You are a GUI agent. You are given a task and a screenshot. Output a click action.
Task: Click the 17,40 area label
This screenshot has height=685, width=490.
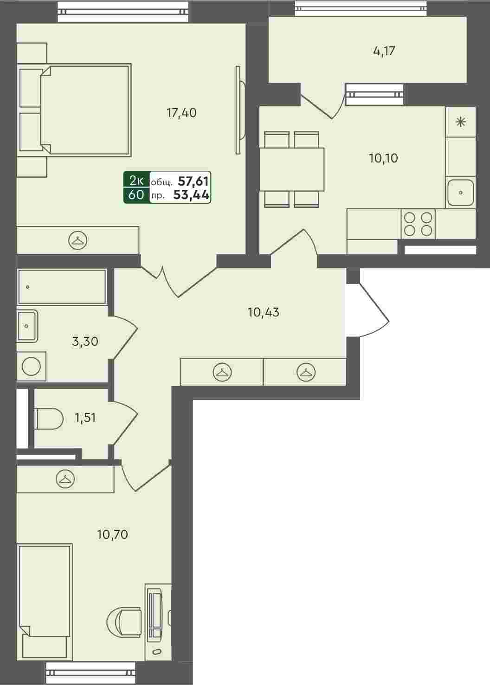(x=181, y=113)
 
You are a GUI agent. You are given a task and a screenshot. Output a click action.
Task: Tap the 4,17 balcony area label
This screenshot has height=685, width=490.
(x=384, y=51)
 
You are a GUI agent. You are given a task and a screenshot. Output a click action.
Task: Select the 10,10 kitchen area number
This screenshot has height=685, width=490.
(x=383, y=158)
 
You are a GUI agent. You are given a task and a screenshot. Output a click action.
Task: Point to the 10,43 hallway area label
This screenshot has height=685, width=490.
(x=264, y=312)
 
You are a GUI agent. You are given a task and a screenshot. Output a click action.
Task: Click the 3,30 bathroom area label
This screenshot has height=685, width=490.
(x=85, y=341)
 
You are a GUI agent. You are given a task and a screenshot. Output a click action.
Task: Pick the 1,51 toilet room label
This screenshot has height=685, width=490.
(x=85, y=417)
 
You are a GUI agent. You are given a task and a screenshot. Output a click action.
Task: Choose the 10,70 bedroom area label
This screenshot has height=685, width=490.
(x=112, y=535)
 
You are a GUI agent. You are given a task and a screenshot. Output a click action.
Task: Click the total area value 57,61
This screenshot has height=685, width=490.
(x=193, y=181)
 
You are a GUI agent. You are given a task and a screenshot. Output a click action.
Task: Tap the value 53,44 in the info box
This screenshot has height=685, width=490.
(x=191, y=194)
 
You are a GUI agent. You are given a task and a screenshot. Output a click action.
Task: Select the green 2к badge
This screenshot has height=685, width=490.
(x=136, y=181)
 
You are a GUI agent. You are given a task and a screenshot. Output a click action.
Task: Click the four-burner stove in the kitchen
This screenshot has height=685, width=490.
(x=418, y=224)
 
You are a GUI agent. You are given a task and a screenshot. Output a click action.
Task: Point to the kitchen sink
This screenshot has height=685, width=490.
(x=460, y=193)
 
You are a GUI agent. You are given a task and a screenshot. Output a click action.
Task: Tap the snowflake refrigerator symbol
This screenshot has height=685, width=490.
(x=460, y=123)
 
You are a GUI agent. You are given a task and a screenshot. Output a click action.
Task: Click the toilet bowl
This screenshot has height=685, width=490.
(x=49, y=418)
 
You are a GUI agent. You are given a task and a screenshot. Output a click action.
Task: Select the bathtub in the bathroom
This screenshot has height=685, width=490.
(x=62, y=286)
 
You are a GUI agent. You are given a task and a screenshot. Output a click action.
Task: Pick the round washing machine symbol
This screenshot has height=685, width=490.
(x=31, y=366)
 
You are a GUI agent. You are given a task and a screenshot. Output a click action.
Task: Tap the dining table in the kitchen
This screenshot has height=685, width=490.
(x=291, y=169)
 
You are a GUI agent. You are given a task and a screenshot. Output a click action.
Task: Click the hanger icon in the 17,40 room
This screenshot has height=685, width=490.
(x=77, y=240)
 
